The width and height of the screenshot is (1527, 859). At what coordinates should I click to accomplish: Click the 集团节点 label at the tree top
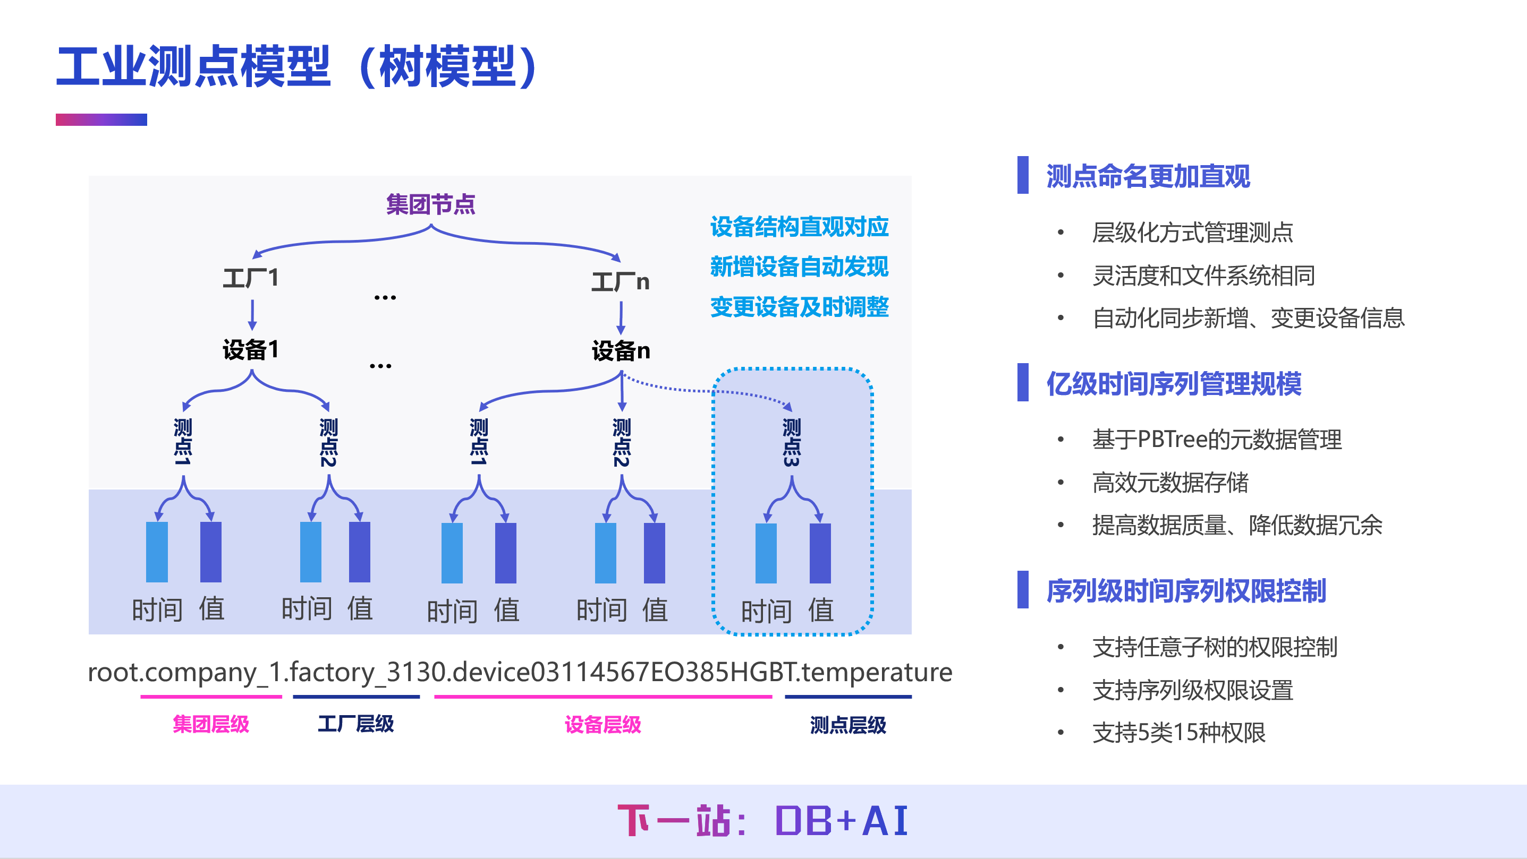[430, 204]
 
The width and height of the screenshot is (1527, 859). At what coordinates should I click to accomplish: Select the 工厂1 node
[250, 277]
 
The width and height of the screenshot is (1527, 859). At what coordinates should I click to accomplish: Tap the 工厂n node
[620, 281]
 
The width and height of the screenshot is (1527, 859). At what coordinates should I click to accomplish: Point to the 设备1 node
[250, 349]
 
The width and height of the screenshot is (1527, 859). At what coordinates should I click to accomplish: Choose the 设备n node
[621, 351]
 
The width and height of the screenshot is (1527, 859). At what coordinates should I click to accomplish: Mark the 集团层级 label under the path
[210, 724]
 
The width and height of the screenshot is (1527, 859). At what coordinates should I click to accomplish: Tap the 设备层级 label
[603, 724]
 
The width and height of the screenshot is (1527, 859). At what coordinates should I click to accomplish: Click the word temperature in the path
[877, 673]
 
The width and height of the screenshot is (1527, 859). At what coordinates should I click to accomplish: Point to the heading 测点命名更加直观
[1148, 176]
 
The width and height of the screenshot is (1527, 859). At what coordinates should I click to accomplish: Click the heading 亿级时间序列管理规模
[1174, 383]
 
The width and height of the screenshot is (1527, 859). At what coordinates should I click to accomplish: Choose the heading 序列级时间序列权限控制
[1185, 591]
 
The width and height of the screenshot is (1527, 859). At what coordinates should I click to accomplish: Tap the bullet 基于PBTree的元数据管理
[1216, 440]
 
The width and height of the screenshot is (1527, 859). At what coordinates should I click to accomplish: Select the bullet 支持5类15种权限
[1178, 733]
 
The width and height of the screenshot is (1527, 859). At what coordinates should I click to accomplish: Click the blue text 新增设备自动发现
[799, 267]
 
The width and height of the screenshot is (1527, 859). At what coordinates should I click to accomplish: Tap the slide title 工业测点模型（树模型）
[296, 66]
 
